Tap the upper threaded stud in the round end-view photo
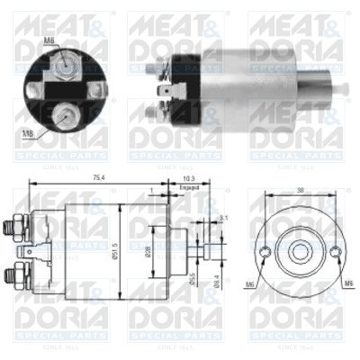(66, 62)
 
